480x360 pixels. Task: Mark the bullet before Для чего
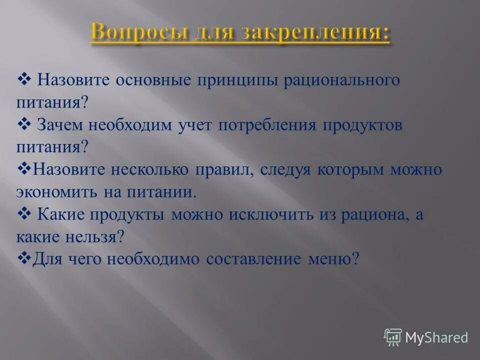click(24, 257)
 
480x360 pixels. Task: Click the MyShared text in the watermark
click(436, 337)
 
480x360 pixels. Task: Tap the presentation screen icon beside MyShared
click(393, 337)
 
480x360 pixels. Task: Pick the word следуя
click(286, 169)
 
